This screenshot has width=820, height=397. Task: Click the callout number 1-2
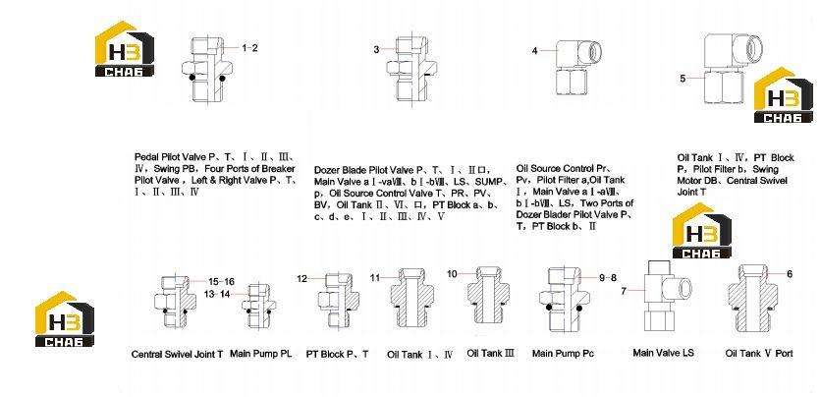249,48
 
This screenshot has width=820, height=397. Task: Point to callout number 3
376,50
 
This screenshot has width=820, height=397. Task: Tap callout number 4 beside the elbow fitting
534,51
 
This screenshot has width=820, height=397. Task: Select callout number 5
683,79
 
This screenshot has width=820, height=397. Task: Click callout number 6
790,273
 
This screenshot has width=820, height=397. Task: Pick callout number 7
624,291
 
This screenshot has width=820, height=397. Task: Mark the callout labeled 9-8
608,278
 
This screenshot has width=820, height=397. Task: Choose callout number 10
452,273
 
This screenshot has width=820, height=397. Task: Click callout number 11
375,278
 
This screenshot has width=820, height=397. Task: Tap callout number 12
301,279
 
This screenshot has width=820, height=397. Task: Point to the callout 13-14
216,294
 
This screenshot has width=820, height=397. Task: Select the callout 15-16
221,281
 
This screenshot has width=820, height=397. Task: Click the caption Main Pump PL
261,354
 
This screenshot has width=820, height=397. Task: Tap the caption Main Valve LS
663,353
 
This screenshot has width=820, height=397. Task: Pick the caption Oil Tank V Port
759,354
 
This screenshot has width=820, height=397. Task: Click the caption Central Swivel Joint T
178,354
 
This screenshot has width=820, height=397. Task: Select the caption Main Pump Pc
563,354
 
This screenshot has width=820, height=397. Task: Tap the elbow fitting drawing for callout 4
576,67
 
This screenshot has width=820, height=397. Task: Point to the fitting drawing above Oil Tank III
488,296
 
